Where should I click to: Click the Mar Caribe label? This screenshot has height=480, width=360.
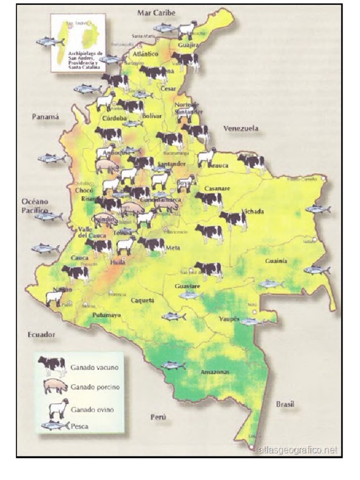point(156,13)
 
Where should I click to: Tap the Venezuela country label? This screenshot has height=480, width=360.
point(240,128)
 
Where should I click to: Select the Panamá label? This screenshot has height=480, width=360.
point(45,117)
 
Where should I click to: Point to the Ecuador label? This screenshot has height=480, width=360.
point(42,335)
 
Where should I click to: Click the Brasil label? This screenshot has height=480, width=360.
point(285,404)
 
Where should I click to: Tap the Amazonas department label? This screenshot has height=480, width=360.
point(215,372)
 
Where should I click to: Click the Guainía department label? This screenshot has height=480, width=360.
point(276,261)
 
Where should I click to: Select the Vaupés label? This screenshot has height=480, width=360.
point(229,319)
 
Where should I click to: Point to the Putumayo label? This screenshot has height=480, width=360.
point(106,315)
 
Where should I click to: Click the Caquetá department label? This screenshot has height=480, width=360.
point(142,300)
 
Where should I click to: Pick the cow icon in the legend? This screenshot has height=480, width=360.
point(52,365)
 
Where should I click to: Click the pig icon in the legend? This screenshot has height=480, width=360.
point(55,387)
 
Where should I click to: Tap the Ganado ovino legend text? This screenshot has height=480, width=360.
point(92,409)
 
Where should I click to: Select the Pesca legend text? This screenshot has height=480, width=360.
point(80,426)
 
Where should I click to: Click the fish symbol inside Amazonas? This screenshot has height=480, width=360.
point(173,365)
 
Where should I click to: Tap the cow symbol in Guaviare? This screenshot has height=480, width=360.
point(209,270)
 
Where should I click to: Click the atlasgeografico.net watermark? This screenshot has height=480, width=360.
point(297,450)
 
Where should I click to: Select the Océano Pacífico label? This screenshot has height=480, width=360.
point(35,206)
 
